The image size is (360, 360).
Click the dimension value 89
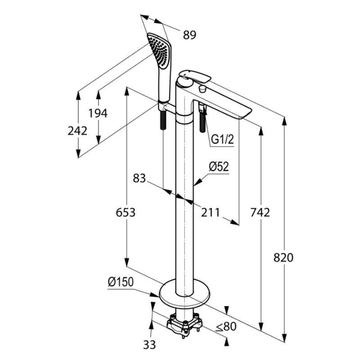[189, 35]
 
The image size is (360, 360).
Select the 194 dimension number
[98, 113]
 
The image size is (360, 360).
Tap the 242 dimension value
[77, 131]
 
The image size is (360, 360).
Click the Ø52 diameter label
[219, 167]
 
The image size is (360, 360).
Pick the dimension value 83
[139, 179]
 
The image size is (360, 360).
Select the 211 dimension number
[211, 212]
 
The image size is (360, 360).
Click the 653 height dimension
[125, 212]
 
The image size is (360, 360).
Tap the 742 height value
[260, 212]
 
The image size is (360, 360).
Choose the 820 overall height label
[283, 257]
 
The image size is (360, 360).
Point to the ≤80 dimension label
[225, 327]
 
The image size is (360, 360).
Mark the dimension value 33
[150, 345]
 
